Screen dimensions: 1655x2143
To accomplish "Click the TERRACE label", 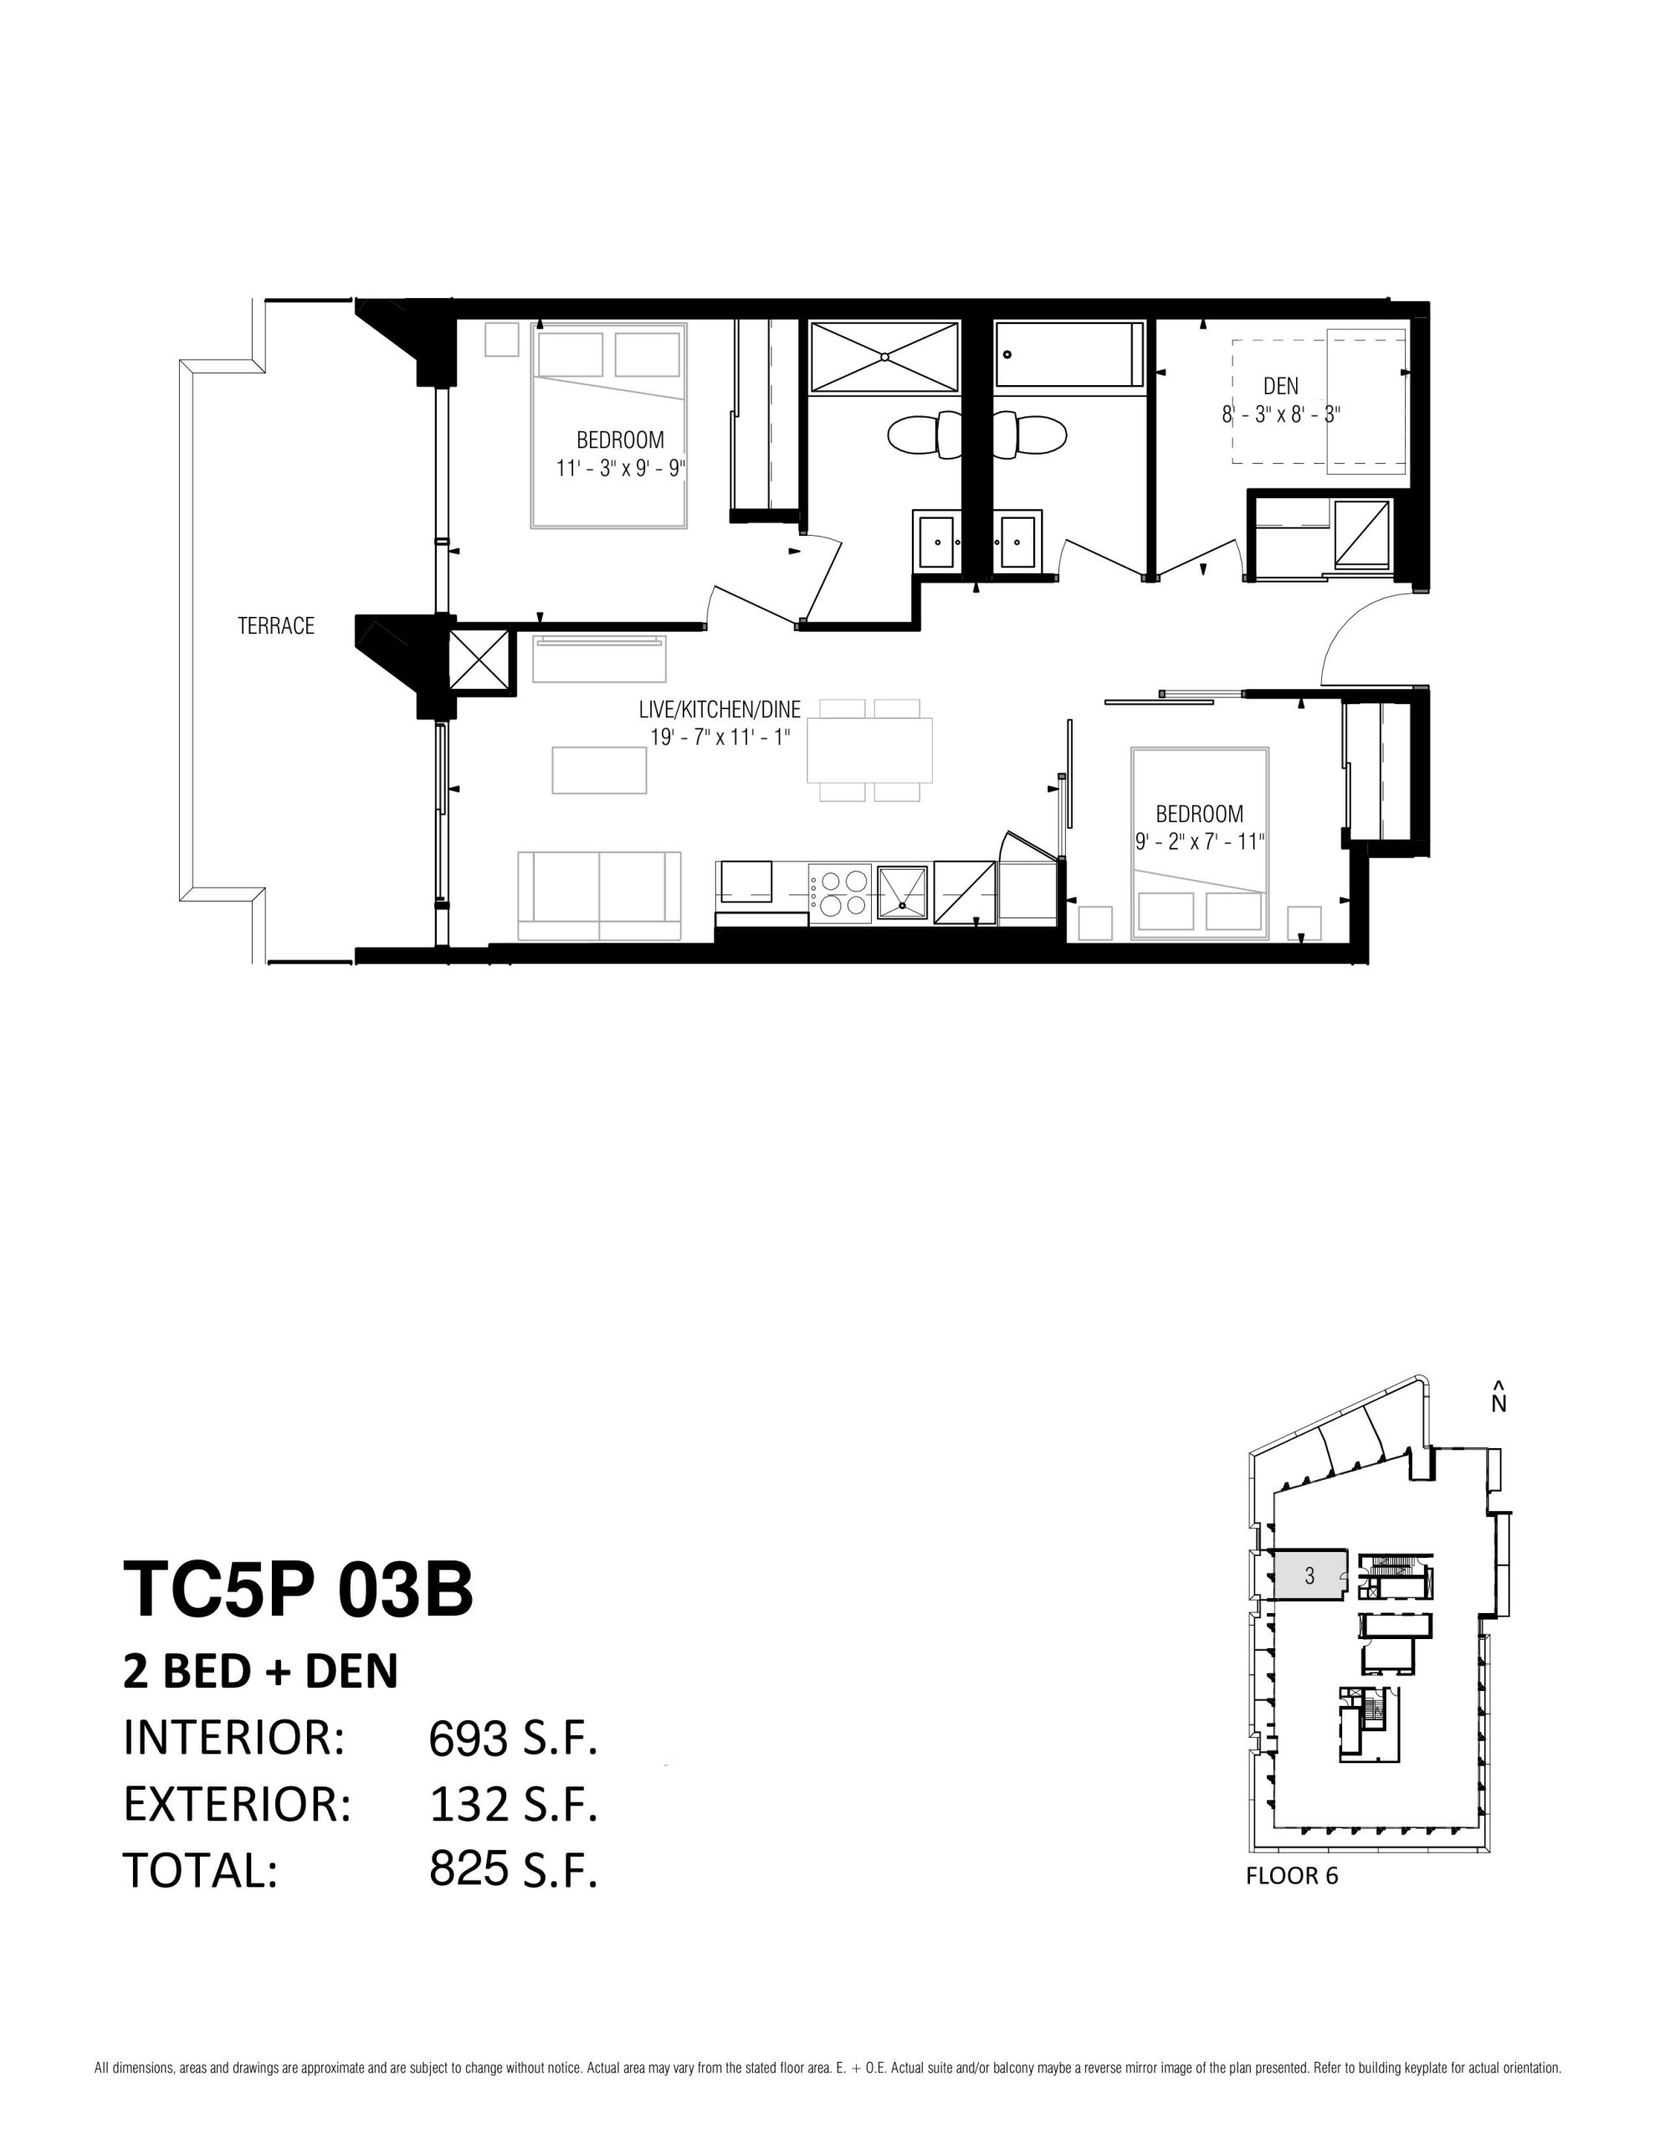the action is tap(275, 626).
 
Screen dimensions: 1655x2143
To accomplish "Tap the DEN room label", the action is tap(1280, 387).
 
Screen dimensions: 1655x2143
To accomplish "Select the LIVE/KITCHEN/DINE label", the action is tap(719, 709).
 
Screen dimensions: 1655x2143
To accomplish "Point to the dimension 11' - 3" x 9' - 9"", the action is tap(620, 468).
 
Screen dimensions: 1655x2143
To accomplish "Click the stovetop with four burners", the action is tap(840, 894).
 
